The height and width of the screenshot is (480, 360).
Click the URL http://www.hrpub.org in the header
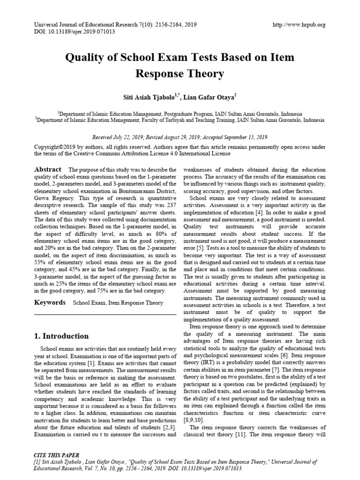point(299,25)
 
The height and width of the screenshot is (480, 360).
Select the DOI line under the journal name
point(75,32)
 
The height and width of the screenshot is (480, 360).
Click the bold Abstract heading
point(48,169)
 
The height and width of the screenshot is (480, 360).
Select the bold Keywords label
point(50,303)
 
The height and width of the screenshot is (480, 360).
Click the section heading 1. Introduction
point(61,336)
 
